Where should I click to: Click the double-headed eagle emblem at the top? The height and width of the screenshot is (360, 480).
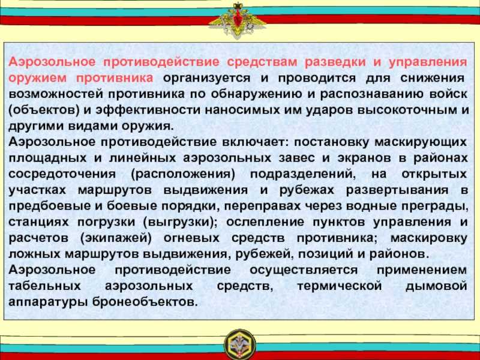(237, 19)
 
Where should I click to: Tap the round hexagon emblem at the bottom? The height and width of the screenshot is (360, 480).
(241, 344)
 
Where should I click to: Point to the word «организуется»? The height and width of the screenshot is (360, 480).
(206, 78)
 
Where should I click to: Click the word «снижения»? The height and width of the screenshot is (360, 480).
(432, 78)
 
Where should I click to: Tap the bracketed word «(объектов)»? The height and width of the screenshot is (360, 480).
(44, 110)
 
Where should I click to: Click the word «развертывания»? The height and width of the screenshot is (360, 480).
(397, 190)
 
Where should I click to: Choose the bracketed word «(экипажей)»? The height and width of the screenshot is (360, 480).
(116, 238)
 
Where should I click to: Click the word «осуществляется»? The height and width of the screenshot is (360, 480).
(304, 270)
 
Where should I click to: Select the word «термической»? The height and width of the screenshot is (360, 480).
(339, 286)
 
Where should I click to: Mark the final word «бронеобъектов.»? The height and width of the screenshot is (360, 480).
(144, 302)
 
